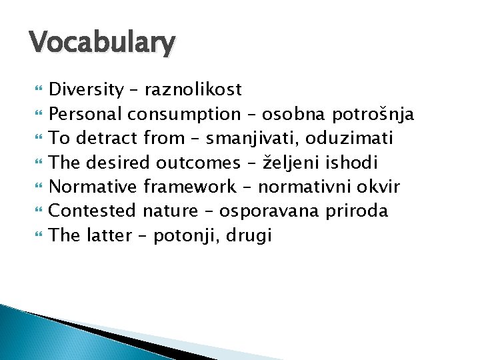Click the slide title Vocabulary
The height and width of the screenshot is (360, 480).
coord(102,43)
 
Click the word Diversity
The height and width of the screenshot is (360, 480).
coord(87,89)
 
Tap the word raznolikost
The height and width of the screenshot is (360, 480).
coord(193,89)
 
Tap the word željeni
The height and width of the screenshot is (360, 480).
coord(315,163)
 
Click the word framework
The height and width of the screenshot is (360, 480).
coord(189,187)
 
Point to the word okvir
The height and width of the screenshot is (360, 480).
coord(380,187)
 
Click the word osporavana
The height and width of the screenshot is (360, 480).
coord(270,211)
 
